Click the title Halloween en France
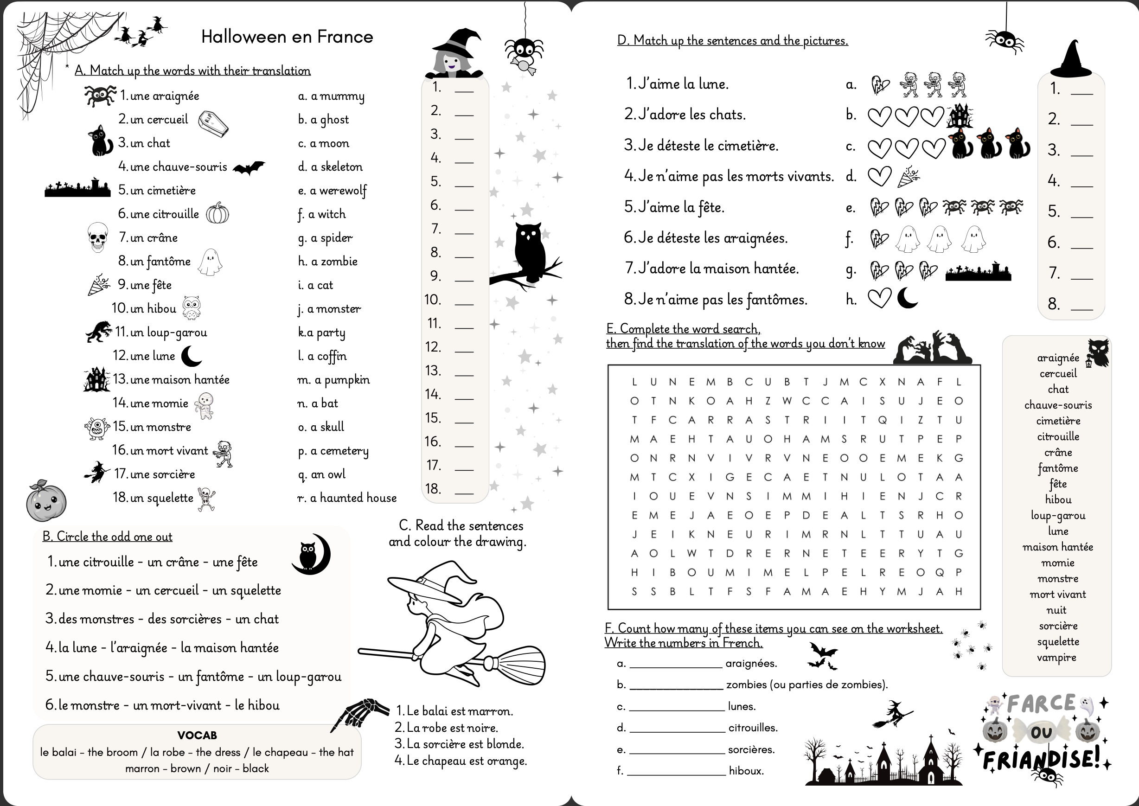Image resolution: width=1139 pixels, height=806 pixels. pyautogui.click(x=287, y=37)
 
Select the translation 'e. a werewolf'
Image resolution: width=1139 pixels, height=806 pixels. pyautogui.click(x=332, y=191)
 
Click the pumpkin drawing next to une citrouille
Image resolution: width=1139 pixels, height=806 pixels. pyautogui.click(x=218, y=213)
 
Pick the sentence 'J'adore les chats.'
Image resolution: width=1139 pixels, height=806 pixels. pyautogui.click(x=685, y=115)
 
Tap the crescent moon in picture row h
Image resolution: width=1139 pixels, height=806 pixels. pyautogui.click(x=907, y=298)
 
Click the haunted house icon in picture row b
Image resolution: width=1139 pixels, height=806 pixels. pyautogui.click(x=960, y=115)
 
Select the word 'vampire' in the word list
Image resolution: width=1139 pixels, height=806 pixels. pyautogui.click(x=1056, y=658)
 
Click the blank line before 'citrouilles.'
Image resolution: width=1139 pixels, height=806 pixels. pyautogui.click(x=677, y=729)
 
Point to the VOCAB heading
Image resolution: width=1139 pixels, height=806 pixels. pyautogui.click(x=197, y=735)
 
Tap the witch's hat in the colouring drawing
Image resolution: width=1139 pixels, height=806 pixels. pyautogui.click(x=437, y=579)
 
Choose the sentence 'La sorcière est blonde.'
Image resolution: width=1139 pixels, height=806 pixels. pyautogui.click(x=460, y=744)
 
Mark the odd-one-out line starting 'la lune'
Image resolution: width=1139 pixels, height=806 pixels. pyautogui.click(x=162, y=648)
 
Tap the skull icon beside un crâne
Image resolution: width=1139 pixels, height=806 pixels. pyautogui.click(x=98, y=237)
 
